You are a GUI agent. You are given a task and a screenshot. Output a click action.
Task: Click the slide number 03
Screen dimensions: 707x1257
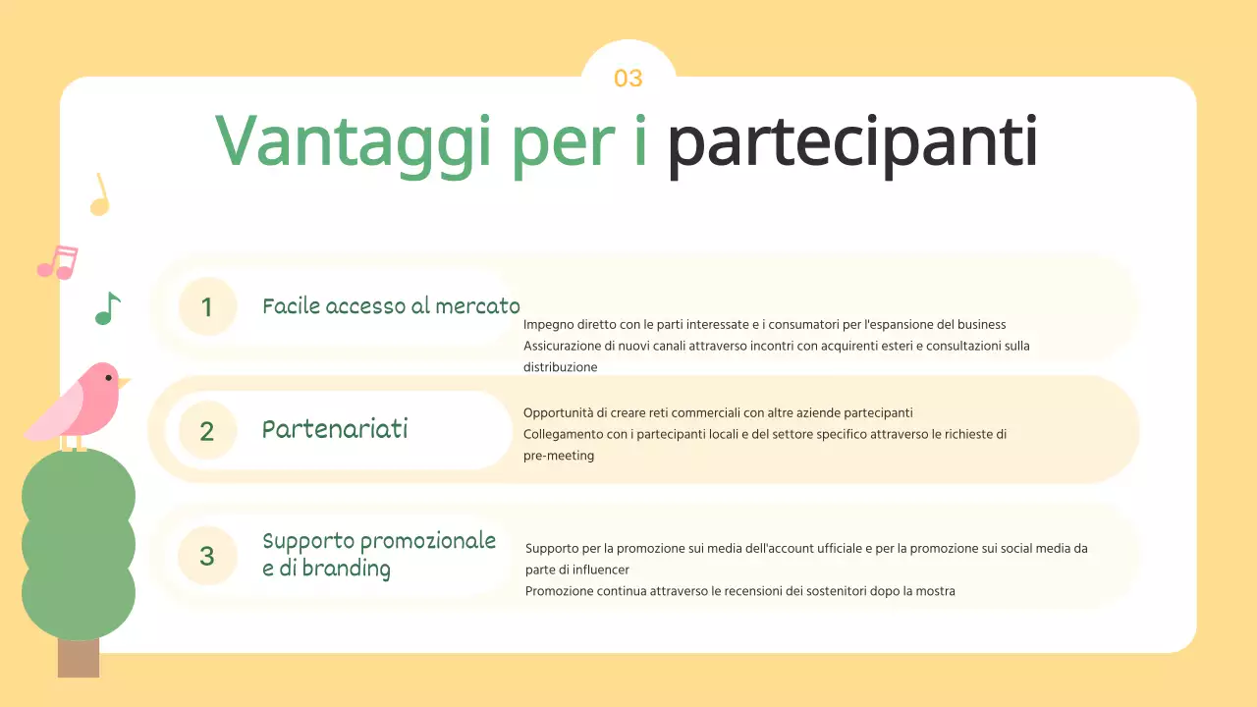click(x=628, y=79)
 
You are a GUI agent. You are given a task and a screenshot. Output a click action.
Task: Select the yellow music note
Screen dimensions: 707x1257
click(x=98, y=195)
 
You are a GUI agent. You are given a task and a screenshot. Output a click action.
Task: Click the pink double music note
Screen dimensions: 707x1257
click(x=57, y=262)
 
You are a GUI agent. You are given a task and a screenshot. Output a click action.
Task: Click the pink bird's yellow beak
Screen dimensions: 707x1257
click(x=124, y=381)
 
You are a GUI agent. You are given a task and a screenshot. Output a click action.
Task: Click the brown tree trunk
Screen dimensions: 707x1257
click(x=79, y=657)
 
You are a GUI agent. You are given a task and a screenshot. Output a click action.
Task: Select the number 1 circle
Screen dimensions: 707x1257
click(x=207, y=307)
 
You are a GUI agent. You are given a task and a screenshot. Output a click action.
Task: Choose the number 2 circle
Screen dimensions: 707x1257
click(x=207, y=431)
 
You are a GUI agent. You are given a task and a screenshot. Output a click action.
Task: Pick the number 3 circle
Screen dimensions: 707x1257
click(x=207, y=556)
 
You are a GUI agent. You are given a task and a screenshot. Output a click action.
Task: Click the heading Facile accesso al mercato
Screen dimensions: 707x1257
click(x=391, y=306)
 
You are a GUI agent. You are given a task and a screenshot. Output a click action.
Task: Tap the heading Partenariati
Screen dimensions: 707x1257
click(x=335, y=430)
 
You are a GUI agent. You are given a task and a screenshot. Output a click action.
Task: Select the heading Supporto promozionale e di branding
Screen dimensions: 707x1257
click(x=379, y=555)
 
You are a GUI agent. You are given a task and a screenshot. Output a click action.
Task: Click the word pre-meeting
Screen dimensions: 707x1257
click(x=559, y=456)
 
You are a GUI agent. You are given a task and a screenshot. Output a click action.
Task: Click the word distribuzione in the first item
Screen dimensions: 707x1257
click(x=560, y=367)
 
